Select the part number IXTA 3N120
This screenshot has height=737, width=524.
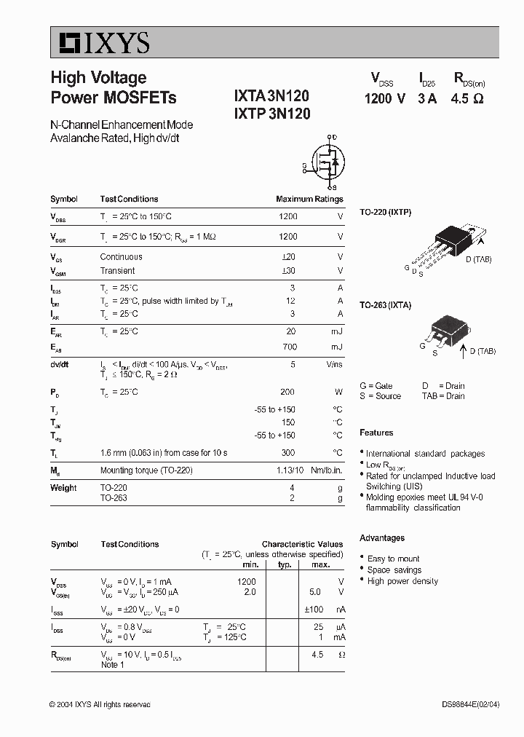click(272, 96)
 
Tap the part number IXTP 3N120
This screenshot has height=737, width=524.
click(272, 114)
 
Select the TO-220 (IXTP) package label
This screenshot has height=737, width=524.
click(386, 213)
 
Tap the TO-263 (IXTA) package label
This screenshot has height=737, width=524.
click(386, 305)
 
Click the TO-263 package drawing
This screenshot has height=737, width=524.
click(444, 332)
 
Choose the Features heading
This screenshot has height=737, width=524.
click(376, 433)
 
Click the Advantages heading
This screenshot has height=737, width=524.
click(382, 538)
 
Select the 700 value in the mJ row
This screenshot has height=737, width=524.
click(288, 347)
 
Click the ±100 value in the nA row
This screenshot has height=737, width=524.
click(313, 609)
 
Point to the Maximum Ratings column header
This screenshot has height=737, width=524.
click(309, 199)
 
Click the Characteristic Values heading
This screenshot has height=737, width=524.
click(302, 544)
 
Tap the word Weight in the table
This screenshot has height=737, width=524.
click(63, 488)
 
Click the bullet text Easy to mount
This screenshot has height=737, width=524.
click(393, 559)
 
